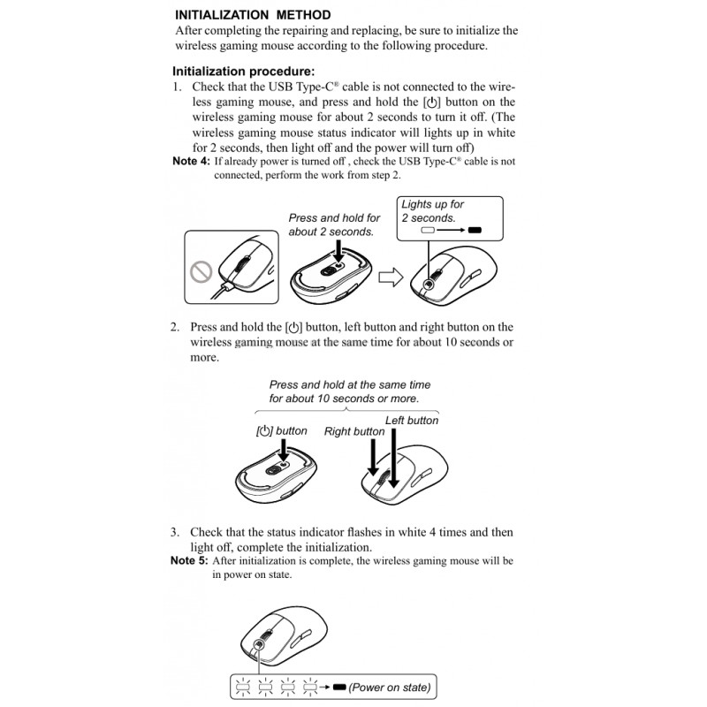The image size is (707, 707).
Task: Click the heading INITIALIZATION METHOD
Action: (x=253, y=15)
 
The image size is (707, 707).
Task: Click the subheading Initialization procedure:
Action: (x=244, y=72)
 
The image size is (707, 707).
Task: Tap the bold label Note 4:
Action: (x=191, y=161)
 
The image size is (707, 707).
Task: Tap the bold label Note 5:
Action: (x=189, y=560)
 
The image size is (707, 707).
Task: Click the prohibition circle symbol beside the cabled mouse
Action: (x=201, y=272)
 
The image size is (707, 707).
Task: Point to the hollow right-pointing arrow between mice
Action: (x=391, y=277)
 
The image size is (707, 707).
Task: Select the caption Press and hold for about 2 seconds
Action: (x=334, y=224)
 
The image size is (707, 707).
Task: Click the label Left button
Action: (x=412, y=421)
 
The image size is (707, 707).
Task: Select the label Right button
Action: (x=354, y=431)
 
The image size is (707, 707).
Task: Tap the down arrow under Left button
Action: (x=393, y=458)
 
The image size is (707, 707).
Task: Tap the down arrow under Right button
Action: (x=373, y=457)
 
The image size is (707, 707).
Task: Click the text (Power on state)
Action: (x=390, y=688)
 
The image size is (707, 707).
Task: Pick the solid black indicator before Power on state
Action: (x=339, y=688)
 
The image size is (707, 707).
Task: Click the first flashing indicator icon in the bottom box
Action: (x=243, y=688)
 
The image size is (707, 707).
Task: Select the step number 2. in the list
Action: (x=175, y=327)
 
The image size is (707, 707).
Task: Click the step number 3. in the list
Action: (x=175, y=532)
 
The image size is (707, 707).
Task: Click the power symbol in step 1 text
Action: (x=432, y=103)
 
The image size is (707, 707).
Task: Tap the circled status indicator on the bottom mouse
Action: (x=259, y=645)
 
